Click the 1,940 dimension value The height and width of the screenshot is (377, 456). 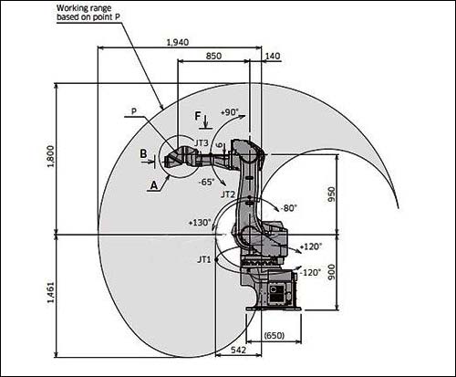click(x=178, y=42)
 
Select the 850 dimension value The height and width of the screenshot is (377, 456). click(x=213, y=56)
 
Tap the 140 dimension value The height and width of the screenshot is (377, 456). click(x=273, y=57)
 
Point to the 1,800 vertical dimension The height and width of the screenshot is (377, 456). click(x=50, y=156)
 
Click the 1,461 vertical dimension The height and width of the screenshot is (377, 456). click(x=50, y=292)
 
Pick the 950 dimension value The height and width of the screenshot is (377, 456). click(x=331, y=194)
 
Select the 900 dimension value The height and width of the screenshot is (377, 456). click(x=331, y=272)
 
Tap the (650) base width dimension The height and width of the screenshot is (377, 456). click(x=275, y=335)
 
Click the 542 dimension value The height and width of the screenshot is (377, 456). click(x=238, y=351)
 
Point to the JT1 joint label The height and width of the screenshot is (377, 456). click(x=203, y=259)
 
